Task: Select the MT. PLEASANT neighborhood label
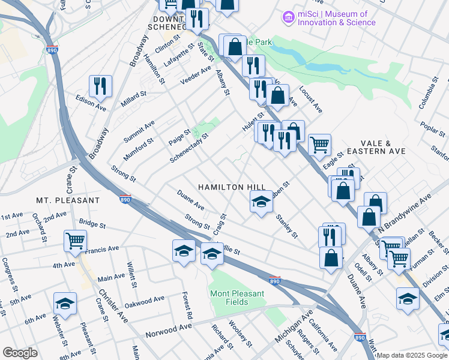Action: coord(68,200)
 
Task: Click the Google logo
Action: coord(20,353)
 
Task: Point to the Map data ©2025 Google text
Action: coord(412,355)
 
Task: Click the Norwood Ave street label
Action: coord(169,330)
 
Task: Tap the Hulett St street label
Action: coord(253,122)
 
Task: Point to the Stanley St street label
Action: coord(286,227)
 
